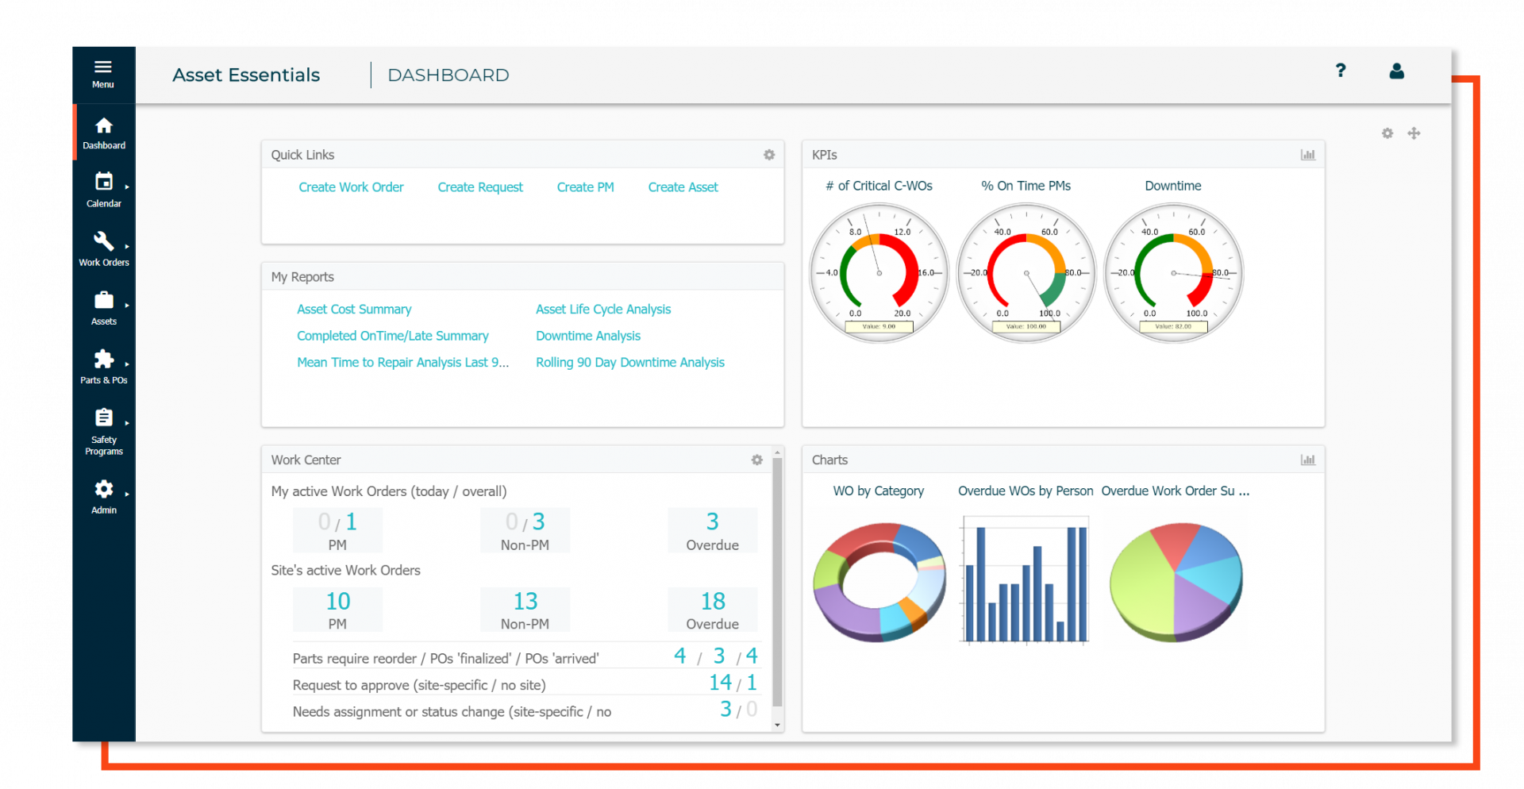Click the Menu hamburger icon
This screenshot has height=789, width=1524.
[x=103, y=67]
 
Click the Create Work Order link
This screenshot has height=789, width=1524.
[x=351, y=187]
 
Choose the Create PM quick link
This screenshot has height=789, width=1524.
[x=585, y=187]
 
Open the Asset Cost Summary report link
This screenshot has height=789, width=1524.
[x=354, y=310]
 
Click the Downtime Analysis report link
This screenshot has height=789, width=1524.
[x=588, y=336]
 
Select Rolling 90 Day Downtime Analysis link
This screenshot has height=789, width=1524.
[x=630, y=363]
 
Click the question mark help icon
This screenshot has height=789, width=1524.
[x=1341, y=71]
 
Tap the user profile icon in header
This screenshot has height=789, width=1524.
[x=1397, y=71]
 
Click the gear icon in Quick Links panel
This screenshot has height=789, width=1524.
[x=769, y=155]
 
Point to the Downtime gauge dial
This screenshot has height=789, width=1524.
[x=1173, y=273]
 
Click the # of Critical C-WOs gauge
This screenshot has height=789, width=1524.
[x=879, y=273]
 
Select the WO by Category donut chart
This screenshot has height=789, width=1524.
[x=879, y=582]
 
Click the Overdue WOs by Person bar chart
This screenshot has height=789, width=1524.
[x=1026, y=582]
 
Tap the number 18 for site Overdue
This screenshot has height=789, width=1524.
[x=713, y=602]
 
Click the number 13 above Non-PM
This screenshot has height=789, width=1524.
[x=525, y=602]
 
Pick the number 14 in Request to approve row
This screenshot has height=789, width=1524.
[x=720, y=683]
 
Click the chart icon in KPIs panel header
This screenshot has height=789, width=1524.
[x=1308, y=155]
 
